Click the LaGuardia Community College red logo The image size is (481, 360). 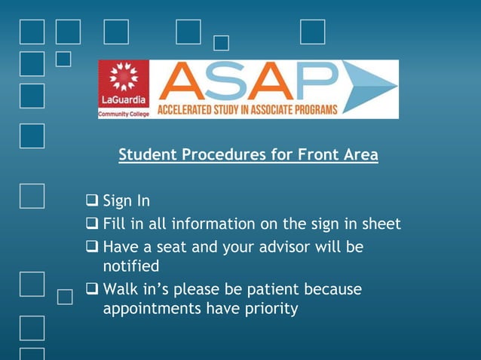pyautogui.click(x=124, y=89)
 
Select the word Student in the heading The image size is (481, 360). pyautogui.click(x=147, y=155)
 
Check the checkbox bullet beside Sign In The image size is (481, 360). pyautogui.click(x=92, y=201)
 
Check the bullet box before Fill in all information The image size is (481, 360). pyautogui.click(x=92, y=224)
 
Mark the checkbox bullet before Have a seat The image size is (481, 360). pyautogui.click(x=92, y=247)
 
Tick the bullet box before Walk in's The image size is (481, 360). pyautogui.click(x=92, y=289)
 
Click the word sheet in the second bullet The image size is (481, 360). pyautogui.click(x=381, y=224)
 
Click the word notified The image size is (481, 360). pyautogui.click(x=131, y=267)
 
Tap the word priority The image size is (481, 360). pyautogui.click(x=268, y=309)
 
